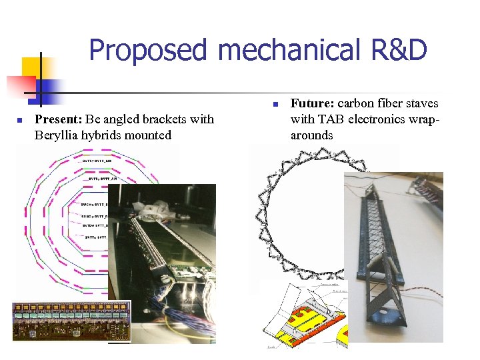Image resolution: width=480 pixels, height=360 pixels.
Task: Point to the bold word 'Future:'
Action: coord(313,103)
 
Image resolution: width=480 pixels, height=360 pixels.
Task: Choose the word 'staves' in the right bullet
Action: coord(419,103)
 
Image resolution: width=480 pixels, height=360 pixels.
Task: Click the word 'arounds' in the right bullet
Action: coord(311,135)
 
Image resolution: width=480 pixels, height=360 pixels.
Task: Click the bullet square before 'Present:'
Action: coord(20,121)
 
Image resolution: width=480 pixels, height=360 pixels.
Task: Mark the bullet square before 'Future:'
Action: coord(275,105)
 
